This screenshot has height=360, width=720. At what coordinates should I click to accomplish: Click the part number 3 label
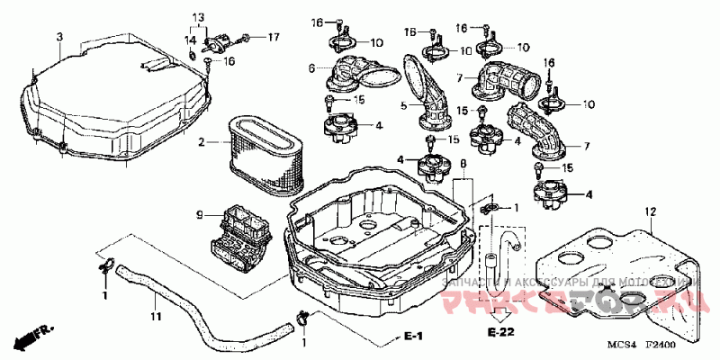pyautogui.click(x=59, y=37)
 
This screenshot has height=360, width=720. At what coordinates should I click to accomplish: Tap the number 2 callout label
pyautogui.click(x=202, y=141)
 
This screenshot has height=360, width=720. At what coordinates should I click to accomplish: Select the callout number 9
pyautogui.click(x=201, y=214)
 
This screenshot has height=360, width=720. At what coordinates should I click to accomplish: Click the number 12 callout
pyautogui.click(x=647, y=211)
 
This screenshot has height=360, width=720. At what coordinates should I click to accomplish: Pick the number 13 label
pyautogui.click(x=199, y=18)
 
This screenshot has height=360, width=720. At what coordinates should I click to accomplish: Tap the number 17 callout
pyautogui.click(x=274, y=37)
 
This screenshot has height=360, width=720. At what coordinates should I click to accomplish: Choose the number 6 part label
pyautogui.click(x=313, y=67)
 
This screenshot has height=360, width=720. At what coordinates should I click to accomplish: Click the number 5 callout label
pyautogui.click(x=405, y=107)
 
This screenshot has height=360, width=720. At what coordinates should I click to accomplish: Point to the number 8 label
pyautogui.click(x=463, y=165)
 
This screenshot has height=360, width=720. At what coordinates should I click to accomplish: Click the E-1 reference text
pyautogui.click(x=413, y=336)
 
